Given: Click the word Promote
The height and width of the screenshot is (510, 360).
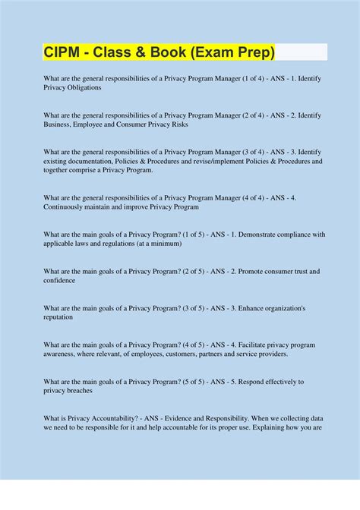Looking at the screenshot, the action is click(x=252, y=271).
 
